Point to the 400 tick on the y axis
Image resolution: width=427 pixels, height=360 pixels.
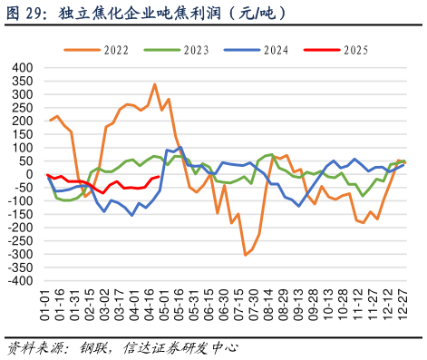pos(21,68)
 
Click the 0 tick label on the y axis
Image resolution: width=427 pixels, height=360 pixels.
pos(28,174)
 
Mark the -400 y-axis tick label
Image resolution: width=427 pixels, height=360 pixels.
pos(19,281)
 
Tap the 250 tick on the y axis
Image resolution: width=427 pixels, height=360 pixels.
pos(21,108)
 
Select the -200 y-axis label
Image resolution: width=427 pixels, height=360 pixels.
pos(19,228)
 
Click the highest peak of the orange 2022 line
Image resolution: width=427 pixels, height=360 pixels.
pos(155,84)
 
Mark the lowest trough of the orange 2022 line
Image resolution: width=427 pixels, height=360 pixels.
pos(245,255)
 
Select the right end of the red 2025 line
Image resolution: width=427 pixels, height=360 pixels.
pos(159,177)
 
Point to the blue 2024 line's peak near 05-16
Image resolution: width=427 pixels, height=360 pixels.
pos(180,147)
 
